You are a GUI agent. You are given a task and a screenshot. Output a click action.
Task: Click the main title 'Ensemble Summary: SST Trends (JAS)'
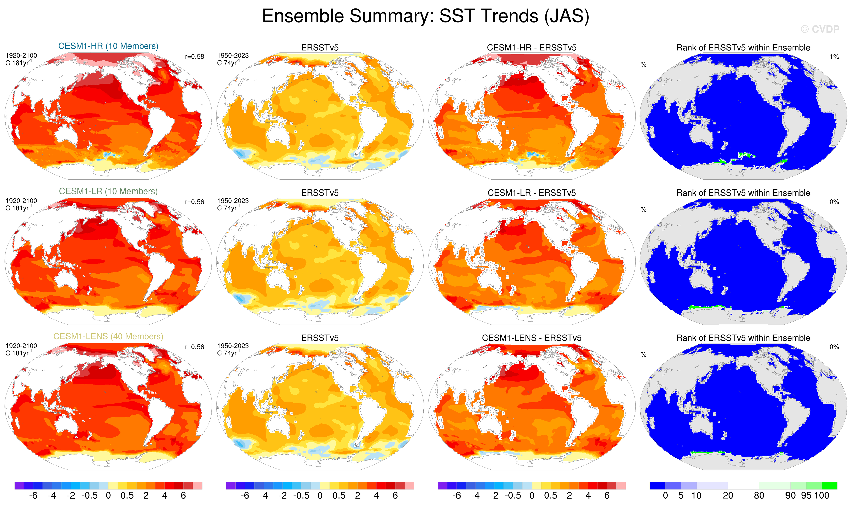[x=425, y=16]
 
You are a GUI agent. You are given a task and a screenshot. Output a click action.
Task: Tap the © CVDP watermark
[x=820, y=29]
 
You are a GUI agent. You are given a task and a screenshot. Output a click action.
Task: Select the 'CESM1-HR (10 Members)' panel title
[x=108, y=46]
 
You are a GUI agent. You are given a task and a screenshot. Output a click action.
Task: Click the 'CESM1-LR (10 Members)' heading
[x=108, y=191]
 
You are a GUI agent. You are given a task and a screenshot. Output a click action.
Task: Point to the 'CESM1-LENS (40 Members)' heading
[x=108, y=337]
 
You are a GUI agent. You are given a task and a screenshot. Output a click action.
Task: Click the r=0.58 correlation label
[x=194, y=57]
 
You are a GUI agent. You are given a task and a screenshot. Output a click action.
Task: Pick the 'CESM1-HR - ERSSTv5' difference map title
[x=532, y=48]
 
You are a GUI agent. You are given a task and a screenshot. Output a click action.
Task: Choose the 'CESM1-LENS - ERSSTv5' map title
[x=532, y=338]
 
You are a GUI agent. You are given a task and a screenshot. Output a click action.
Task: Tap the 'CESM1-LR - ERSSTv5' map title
[x=532, y=193]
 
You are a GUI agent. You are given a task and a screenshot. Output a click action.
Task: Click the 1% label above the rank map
[x=834, y=57]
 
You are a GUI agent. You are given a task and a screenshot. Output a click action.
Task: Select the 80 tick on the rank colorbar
[x=759, y=496]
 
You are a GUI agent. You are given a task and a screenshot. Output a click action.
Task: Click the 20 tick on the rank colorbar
[x=728, y=496]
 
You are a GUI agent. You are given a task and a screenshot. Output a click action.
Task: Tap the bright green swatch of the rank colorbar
[x=829, y=485]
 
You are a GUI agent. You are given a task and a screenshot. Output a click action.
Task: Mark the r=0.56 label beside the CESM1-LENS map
[x=194, y=347]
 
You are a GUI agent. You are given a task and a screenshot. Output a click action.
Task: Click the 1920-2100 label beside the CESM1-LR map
[x=21, y=201]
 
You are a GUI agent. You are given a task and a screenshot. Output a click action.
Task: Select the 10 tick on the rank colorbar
[x=696, y=496]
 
